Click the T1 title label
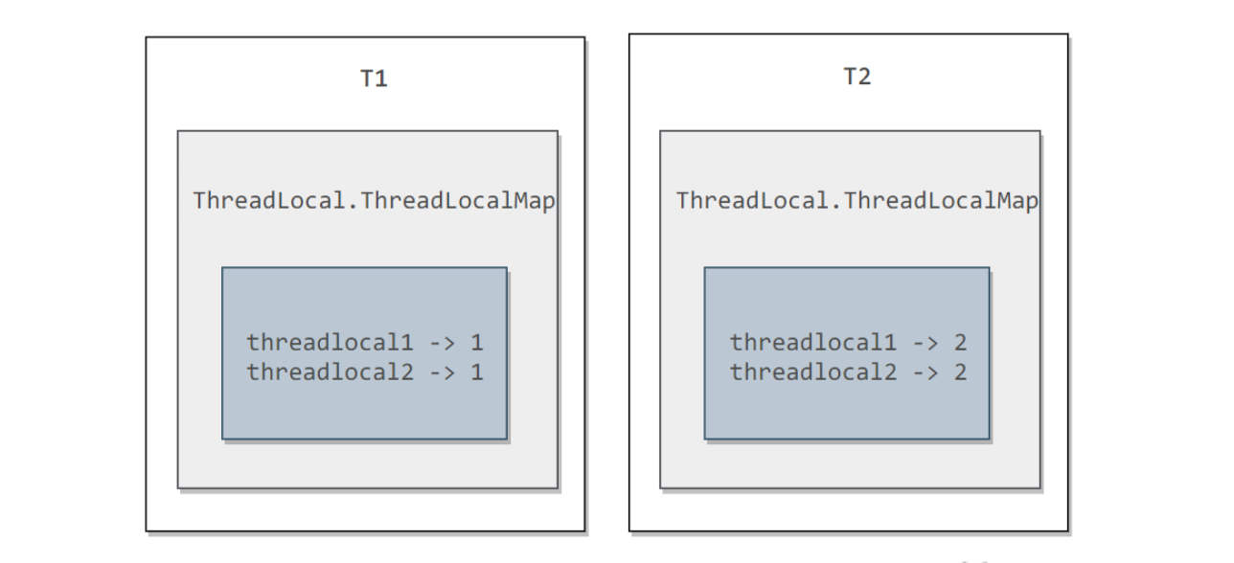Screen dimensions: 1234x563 pyautogui.click(x=374, y=79)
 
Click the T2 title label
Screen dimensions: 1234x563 pyautogui.click(x=857, y=77)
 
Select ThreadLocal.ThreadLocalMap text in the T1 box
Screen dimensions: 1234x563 pyautogui.click(x=374, y=201)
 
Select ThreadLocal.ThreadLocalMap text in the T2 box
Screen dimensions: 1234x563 pyautogui.click(x=857, y=201)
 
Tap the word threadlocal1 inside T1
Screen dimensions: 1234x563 pyautogui.click(x=330, y=343)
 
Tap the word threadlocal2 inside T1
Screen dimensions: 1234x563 pyautogui.click(x=330, y=372)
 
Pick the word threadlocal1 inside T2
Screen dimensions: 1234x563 pyautogui.click(x=813, y=343)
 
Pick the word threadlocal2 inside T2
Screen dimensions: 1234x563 pyautogui.click(x=813, y=372)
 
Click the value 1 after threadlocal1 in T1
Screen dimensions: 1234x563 pyautogui.click(x=477, y=343)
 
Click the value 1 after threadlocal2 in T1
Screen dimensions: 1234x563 pyautogui.click(x=477, y=372)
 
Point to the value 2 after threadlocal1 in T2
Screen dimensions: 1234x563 pyautogui.click(x=960, y=343)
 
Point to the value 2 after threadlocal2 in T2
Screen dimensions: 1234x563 pyautogui.click(x=960, y=372)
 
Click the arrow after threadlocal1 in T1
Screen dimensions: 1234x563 pyautogui.click(x=443, y=344)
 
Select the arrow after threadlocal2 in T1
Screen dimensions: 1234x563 pyautogui.click(x=443, y=373)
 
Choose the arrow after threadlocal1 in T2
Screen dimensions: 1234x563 pyautogui.click(x=926, y=344)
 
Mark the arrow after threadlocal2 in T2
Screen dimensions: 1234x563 pyautogui.click(x=926, y=373)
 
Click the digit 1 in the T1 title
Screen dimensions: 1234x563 pyautogui.click(x=381, y=79)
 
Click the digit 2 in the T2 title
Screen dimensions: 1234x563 pyautogui.click(x=865, y=77)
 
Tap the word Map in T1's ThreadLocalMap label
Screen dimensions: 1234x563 pyautogui.click(x=535, y=201)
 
